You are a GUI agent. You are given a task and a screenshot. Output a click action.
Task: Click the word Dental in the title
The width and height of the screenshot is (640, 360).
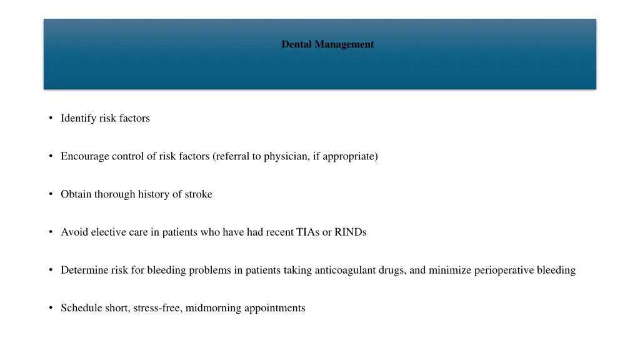coord(297,44)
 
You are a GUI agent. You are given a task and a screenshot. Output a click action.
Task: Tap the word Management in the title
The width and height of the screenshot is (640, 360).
coord(344,44)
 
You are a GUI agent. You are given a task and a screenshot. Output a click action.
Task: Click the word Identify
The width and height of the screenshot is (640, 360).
coord(78,118)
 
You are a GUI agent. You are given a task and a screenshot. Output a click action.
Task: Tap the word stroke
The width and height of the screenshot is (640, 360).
coord(197,194)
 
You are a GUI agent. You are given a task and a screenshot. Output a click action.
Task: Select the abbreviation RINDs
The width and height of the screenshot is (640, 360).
coord(351,232)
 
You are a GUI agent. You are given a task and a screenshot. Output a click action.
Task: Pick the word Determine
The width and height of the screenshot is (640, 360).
coord(84,271)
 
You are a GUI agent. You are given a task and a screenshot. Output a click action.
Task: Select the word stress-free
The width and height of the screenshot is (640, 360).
coord(157,308)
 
